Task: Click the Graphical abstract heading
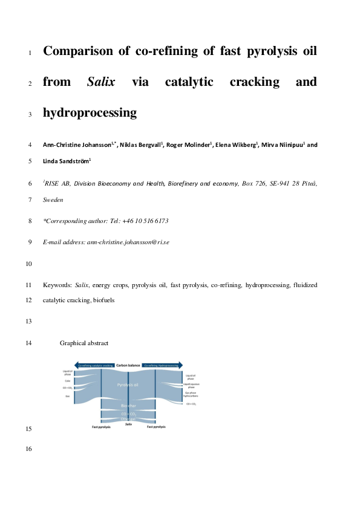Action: (x=83, y=343)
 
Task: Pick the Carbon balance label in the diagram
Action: (x=128, y=366)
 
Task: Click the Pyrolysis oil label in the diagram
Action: (x=128, y=384)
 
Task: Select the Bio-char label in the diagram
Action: (x=128, y=405)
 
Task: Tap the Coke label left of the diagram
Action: (x=67, y=381)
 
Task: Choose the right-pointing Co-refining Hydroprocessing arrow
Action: (x=163, y=366)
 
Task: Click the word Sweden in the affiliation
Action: (x=53, y=199)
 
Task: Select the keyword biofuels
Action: (x=100, y=300)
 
